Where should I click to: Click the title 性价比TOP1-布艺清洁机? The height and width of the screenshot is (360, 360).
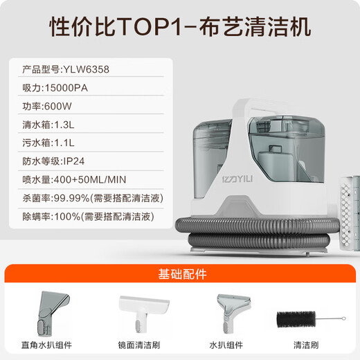[180, 26]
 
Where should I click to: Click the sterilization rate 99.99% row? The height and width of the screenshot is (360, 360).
[87, 199]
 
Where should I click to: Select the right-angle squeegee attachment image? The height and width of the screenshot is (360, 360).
[48, 311]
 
